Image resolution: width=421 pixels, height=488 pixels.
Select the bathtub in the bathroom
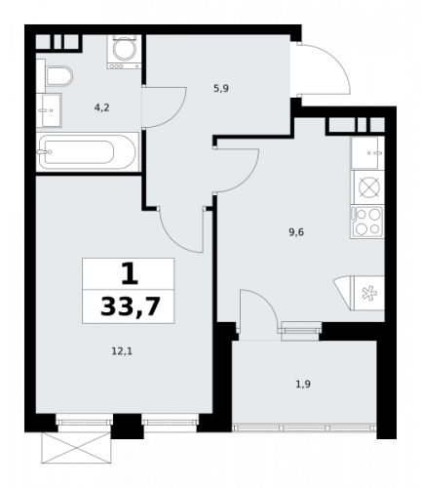pyautogui.click(x=87, y=151)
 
